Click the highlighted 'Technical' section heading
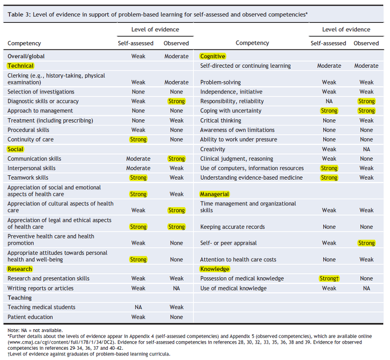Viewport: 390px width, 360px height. pyautogui.click(x=21, y=66)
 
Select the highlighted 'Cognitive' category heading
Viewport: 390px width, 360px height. pyautogui.click(x=212, y=56)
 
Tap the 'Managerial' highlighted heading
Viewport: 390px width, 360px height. pyautogui.click(x=214, y=194)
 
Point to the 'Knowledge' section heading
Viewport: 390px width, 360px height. pyautogui.click(x=215, y=269)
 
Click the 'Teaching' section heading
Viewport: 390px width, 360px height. pyautogui.click(x=19, y=298)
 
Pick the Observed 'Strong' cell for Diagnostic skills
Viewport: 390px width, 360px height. pyautogui.click(x=176, y=102)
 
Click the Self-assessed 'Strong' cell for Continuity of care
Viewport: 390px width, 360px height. pyautogui.click(x=138, y=139)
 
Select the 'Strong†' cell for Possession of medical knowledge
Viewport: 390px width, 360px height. pyautogui.click(x=329, y=278)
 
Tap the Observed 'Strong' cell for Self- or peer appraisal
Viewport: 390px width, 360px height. pyautogui.click(x=367, y=243)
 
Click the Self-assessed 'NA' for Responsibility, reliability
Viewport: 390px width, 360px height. pyautogui.click(x=329, y=102)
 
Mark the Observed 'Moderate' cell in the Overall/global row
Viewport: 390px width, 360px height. pyautogui.click(x=176, y=56)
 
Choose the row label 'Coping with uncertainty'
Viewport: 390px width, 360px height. pyautogui.click(x=231, y=111)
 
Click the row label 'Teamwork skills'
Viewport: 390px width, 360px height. pyautogui.click(x=28, y=177)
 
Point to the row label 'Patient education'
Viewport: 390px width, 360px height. pyautogui.click(x=30, y=317)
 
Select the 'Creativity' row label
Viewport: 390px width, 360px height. pyautogui.click(x=212, y=149)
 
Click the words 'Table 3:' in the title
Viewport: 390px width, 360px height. pyautogui.click(x=19, y=14)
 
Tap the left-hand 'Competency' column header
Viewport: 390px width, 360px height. pyautogui.click(x=24, y=43)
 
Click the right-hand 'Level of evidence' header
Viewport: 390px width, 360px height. pyautogui.click(x=346, y=30)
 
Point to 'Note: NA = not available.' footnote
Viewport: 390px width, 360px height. pyautogui.click(x=35, y=330)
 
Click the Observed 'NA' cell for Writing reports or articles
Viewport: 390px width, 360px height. pyautogui.click(x=176, y=288)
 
